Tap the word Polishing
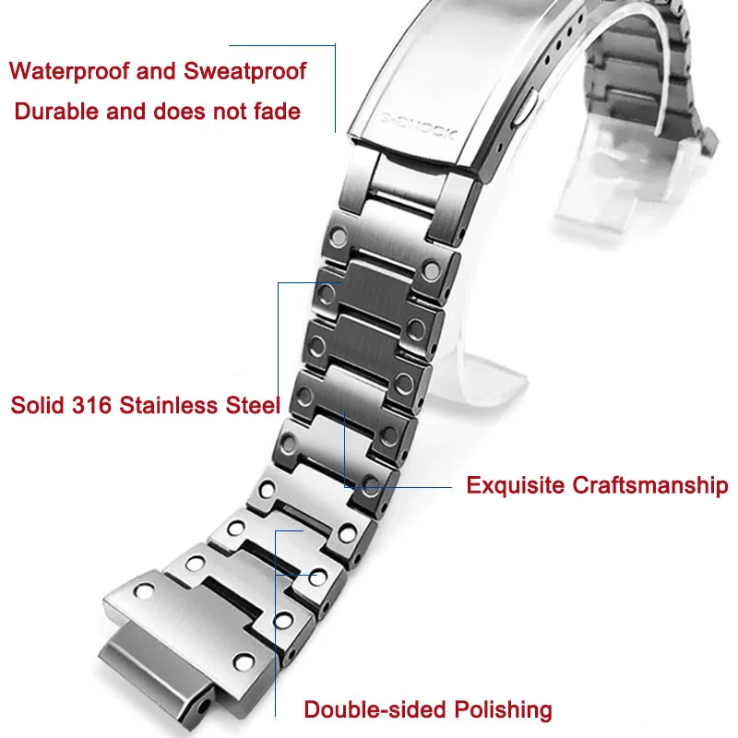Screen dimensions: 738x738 [x=504, y=709]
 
